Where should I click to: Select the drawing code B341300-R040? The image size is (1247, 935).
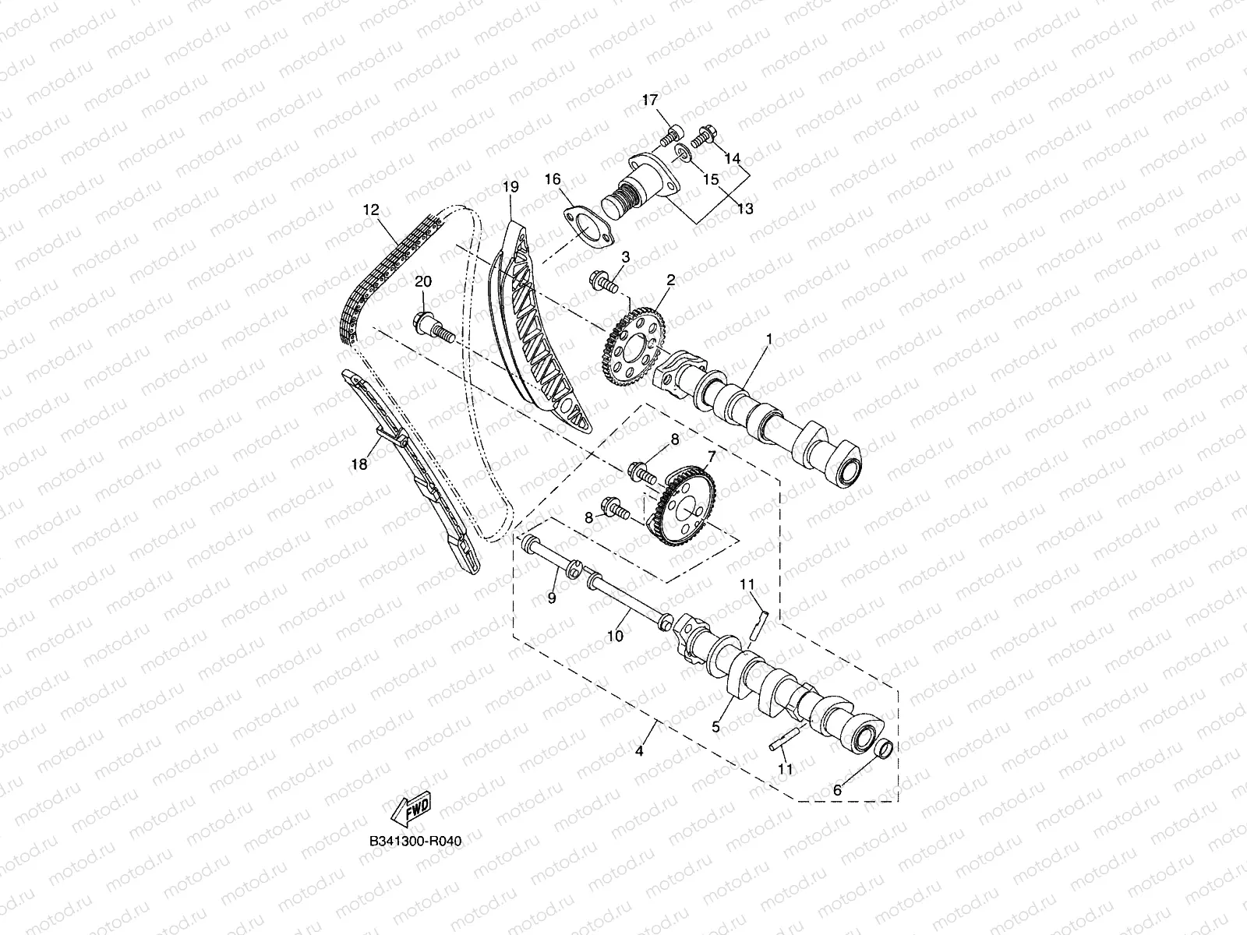(410, 842)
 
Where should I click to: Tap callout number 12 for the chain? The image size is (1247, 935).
(369, 210)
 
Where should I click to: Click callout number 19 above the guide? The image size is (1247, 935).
(510, 187)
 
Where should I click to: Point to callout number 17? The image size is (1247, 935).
(650, 100)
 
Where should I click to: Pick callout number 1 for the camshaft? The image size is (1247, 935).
(768, 340)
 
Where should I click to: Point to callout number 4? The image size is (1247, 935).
(639, 752)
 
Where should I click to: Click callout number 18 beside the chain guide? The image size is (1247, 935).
(359, 464)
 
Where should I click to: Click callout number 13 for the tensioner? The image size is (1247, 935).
(745, 208)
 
